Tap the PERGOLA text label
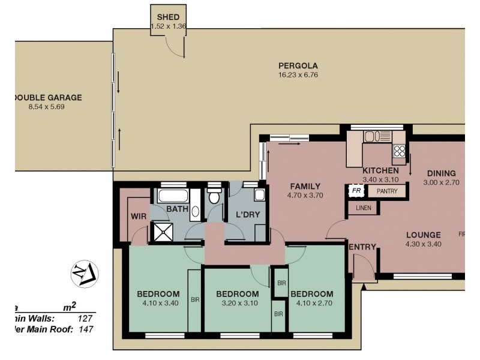298,66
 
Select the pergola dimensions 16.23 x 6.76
298,75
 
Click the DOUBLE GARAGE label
47,98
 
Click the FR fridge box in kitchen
356,191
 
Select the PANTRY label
386,191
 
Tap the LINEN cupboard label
364,209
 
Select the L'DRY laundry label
246,214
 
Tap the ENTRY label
362,247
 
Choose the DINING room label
441,173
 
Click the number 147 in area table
85,329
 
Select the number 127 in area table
85,319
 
